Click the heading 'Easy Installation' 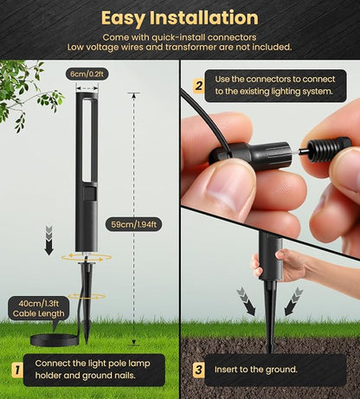tap(180, 18)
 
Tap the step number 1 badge tap(17, 370)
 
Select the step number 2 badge tap(198, 86)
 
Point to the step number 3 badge tap(198, 370)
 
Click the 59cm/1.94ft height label tap(133, 224)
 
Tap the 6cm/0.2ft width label tap(87, 74)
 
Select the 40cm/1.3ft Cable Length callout tap(39, 308)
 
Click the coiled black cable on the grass tap(55, 340)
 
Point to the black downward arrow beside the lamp tap(49, 241)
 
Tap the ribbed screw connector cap tap(330, 150)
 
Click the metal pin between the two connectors tap(302, 151)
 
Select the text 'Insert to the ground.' tap(255, 370)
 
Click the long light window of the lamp tap(87, 141)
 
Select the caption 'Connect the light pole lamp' tap(93, 364)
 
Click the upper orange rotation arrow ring tap(87, 258)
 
